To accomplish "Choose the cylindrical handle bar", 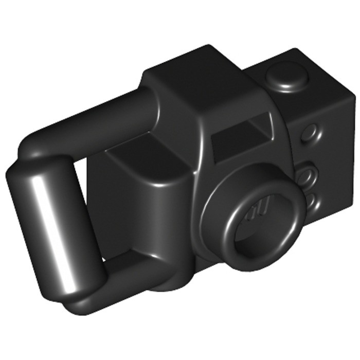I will pos(51,226).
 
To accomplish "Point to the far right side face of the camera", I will pos(334,154).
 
